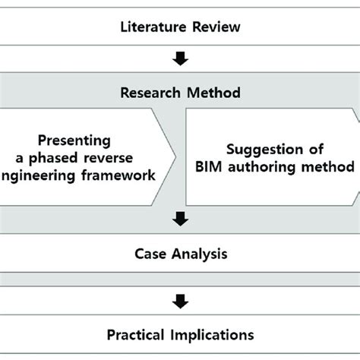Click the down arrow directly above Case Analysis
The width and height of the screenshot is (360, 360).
point(180,219)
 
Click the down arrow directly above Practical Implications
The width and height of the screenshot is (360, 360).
point(180,302)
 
